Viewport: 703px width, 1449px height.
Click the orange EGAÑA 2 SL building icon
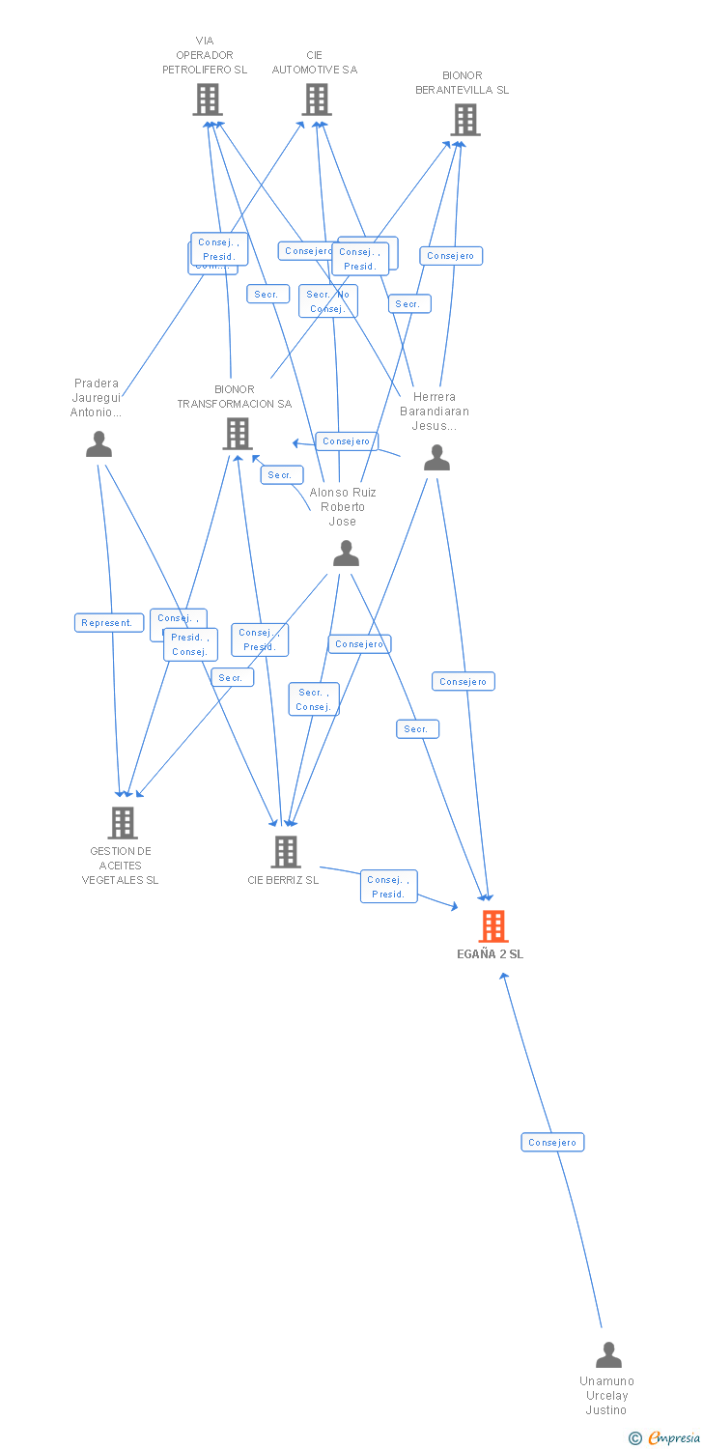pyautogui.click(x=493, y=925)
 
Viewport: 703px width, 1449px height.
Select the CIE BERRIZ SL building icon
pyautogui.click(x=285, y=851)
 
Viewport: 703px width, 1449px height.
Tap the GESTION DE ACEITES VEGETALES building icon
pyautogui.click(x=122, y=822)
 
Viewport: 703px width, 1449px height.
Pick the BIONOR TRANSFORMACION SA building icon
pyautogui.click(x=238, y=434)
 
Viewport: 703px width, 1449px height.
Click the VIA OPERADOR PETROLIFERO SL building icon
pyautogui.click(x=208, y=99)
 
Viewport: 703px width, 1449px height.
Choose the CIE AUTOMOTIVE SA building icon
pyautogui.click(x=317, y=99)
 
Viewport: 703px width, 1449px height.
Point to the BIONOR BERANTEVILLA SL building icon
pyautogui.click(x=464, y=120)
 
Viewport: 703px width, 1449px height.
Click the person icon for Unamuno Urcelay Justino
pyautogui.click(x=608, y=1354)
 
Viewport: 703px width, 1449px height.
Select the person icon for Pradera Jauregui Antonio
pyautogui.click(x=98, y=443)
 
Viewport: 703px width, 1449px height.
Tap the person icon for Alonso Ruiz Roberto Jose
pyautogui.click(x=346, y=553)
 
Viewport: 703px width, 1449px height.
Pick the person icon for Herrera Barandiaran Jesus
pyautogui.click(x=436, y=457)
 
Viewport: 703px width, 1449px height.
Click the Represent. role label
pyautogui.click(x=109, y=623)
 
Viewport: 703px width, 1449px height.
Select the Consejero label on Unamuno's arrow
pyautogui.click(x=552, y=1142)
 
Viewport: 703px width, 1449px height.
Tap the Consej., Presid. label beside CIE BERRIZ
pyautogui.click(x=389, y=886)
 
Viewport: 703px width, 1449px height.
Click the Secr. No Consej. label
pyautogui.click(x=328, y=301)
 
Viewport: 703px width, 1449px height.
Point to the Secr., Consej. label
pyautogui.click(x=314, y=699)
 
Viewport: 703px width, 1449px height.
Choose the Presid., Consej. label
pyautogui.click(x=190, y=644)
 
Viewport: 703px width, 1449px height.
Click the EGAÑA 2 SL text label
pyautogui.click(x=491, y=954)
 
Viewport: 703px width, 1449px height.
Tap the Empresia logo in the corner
pyautogui.click(x=666, y=1438)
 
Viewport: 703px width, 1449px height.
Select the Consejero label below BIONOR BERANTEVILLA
pyautogui.click(x=451, y=256)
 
